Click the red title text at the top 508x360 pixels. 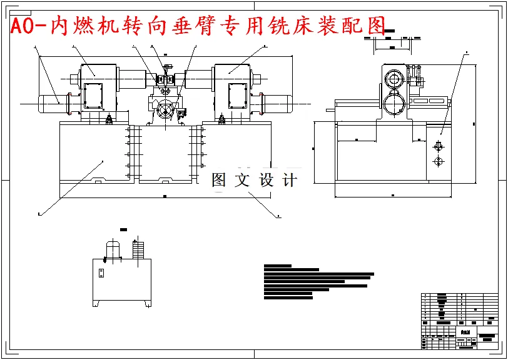tap(198, 25)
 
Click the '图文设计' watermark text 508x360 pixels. tap(254, 181)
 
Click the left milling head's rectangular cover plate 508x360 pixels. tap(93, 96)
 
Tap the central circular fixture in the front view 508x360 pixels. tap(166, 111)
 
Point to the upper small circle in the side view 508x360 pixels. tap(394, 79)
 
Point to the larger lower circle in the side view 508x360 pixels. tap(394, 102)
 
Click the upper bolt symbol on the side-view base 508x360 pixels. tap(437, 146)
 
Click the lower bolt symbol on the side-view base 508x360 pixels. tap(437, 162)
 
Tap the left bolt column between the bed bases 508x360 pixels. tap(130, 147)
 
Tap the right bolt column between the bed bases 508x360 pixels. tap(201, 147)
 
